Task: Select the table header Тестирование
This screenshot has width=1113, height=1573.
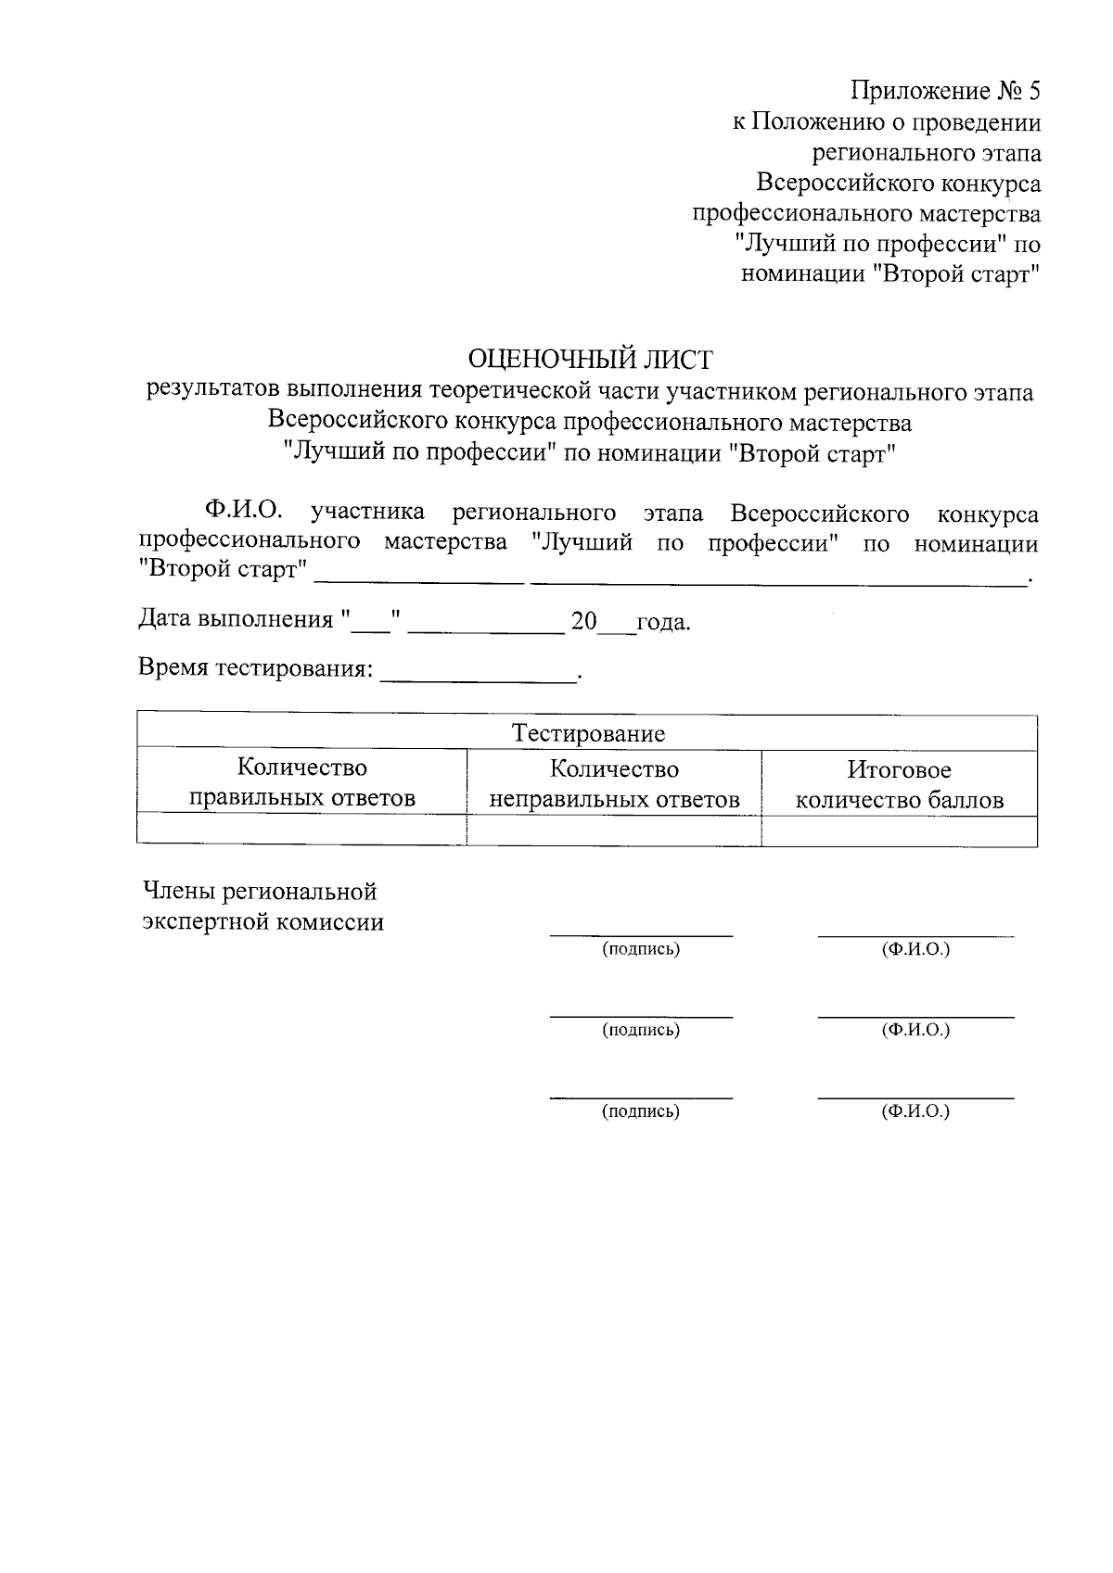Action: [x=588, y=734]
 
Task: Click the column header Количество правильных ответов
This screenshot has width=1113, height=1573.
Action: [x=301, y=782]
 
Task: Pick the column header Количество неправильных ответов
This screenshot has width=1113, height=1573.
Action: [x=614, y=784]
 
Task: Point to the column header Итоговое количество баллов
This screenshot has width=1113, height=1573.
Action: [x=899, y=784]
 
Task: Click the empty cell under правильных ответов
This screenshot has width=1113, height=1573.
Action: [x=301, y=830]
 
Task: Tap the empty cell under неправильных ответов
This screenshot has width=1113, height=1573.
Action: [x=614, y=831]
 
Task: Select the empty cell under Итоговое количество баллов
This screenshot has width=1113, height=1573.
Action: [x=899, y=831]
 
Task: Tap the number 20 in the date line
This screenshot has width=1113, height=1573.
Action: [x=584, y=621]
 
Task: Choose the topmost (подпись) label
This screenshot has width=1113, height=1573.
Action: [x=641, y=949]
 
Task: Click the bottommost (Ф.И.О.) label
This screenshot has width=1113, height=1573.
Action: [x=915, y=1110]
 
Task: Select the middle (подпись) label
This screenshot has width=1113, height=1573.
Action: [x=641, y=1030]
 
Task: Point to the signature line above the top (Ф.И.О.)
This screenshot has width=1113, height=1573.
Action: [x=915, y=935]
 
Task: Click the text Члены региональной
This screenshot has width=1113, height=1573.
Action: [x=260, y=892]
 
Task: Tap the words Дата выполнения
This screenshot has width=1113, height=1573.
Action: [x=235, y=619]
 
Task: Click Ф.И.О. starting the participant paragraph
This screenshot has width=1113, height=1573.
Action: [x=245, y=512]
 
